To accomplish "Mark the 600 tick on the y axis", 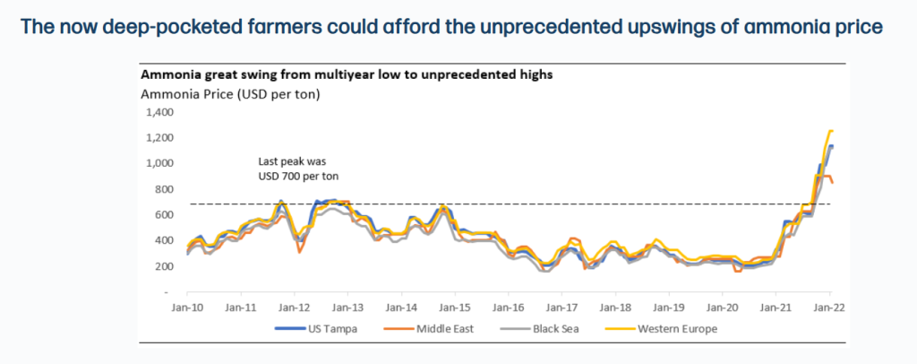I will point(162,215).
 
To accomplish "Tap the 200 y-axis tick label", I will point(162,266).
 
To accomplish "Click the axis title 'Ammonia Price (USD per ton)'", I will point(231,92).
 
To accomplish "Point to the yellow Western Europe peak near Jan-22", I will point(830,131).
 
